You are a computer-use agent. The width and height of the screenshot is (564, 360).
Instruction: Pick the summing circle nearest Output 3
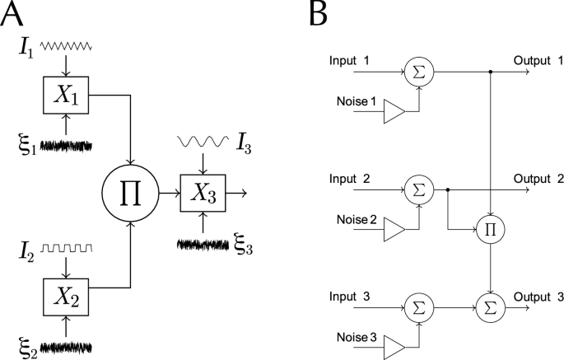[x=491, y=307]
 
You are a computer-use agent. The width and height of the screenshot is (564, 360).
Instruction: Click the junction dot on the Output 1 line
[x=491, y=72]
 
